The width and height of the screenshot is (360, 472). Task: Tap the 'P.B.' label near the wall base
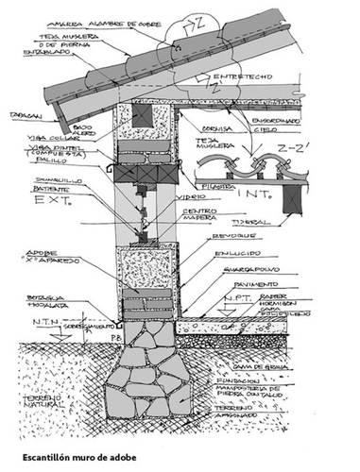coord(113,336)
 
